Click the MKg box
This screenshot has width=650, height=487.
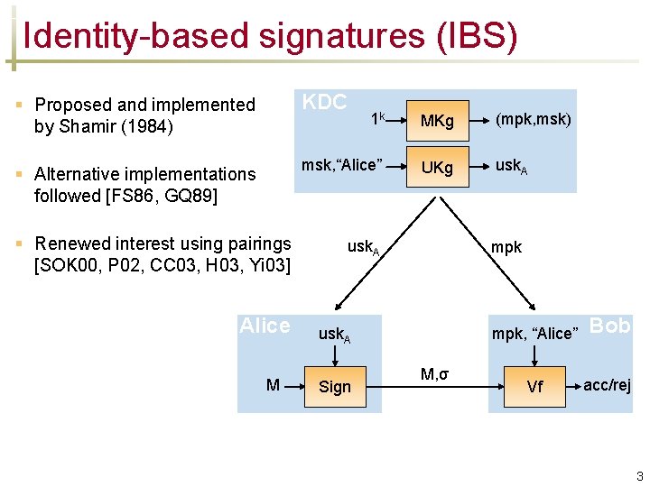[x=437, y=120]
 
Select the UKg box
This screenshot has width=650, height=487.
[x=437, y=169]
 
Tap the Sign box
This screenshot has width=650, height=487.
[x=335, y=387]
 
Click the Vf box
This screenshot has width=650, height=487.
[x=534, y=387]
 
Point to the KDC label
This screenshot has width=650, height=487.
[x=324, y=102]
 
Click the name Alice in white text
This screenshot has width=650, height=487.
[x=265, y=326]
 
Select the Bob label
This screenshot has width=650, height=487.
[x=610, y=326]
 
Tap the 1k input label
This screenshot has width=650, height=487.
[x=379, y=118]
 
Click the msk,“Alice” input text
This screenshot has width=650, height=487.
[x=342, y=164]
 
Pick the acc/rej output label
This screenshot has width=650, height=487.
[x=608, y=385]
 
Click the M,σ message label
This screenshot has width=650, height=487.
[x=434, y=373]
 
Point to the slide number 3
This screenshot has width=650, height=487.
[x=639, y=476]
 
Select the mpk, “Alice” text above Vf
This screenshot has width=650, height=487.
[x=533, y=334]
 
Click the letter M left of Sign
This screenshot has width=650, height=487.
[x=273, y=386]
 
